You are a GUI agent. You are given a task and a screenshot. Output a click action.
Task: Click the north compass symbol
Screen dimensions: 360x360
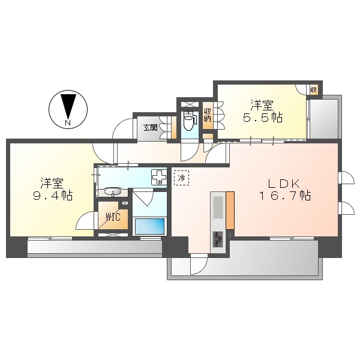coord(68,109)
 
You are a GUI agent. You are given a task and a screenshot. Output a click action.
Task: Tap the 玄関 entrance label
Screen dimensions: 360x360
coord(151,128)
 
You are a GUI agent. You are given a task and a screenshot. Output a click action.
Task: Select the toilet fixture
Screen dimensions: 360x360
coord(190,120)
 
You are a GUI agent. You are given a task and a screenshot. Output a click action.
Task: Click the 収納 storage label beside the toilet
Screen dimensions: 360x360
coord(208,115)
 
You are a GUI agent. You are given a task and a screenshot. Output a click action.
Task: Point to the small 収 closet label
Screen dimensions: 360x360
coord(314,90)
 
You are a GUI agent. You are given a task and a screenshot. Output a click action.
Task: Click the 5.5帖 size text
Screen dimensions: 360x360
coord(263,118)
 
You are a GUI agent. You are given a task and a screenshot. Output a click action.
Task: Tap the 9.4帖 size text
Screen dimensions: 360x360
coord(53,196)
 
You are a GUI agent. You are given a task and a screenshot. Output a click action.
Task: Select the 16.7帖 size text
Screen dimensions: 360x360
coord(285,196)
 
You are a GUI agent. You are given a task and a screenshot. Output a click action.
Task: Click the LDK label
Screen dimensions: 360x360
coord(284,184)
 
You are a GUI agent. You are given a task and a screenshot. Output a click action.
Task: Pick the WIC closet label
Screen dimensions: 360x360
coord(113,217)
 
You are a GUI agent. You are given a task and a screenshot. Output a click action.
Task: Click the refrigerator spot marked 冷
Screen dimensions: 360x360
coord(182,178)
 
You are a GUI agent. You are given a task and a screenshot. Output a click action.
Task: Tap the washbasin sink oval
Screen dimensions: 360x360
coord(113,191)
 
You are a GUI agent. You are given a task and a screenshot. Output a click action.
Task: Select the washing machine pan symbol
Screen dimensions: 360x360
coord(159,177)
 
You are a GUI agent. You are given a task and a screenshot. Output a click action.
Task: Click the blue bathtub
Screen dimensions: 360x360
coord(149,226)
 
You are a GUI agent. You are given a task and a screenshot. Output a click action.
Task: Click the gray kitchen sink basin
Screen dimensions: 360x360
coord(218,208)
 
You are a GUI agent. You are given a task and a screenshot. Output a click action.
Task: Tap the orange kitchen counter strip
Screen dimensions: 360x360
coord(230,211)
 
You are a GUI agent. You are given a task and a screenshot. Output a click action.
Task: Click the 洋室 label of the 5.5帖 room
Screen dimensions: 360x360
coord(262,105)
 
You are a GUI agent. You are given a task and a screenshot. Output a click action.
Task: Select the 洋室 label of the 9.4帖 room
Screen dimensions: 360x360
coord(52,183)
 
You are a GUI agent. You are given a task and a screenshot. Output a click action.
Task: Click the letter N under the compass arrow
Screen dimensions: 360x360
coord(68,123)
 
